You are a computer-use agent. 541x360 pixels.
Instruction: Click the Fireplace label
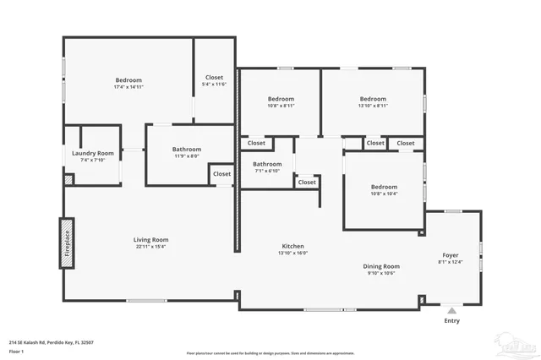coord(65,244)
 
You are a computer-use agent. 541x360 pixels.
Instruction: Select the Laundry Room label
coord(93,153)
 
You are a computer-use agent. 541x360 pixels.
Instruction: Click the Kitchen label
coord(293,246)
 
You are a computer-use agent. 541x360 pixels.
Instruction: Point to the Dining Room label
coord(381,266)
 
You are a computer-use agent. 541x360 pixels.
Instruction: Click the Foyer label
coord(451,254)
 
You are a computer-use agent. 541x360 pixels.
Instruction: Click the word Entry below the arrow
coord(452,321)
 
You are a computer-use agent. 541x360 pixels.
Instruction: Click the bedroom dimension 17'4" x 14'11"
coord(129,87)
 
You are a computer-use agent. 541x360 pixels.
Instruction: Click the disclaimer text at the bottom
coord(270,352)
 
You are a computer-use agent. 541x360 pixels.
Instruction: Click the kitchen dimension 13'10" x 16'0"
coord(293,253)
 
